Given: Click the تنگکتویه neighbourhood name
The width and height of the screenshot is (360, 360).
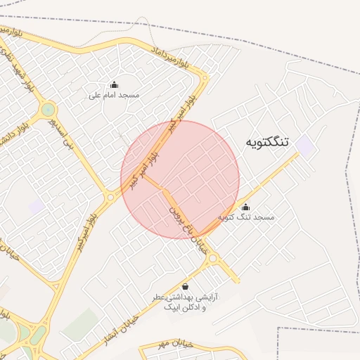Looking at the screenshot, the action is (267, 142).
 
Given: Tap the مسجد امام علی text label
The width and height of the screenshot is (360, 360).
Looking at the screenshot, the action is (114, 95).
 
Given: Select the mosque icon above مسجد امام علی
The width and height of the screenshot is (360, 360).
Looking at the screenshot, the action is (114, 85).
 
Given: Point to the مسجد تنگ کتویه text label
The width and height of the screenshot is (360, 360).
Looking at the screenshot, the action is (246, 217).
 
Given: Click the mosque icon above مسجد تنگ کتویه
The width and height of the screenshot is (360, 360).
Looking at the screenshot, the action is (245, 207).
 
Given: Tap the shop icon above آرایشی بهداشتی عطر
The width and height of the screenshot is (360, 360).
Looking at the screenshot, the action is (185, 287).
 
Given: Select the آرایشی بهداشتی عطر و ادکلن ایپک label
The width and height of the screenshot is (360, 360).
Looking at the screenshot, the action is (186, 302).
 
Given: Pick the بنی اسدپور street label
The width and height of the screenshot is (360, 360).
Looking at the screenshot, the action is (68, 131).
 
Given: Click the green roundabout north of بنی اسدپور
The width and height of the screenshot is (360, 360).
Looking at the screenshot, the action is (48, 109).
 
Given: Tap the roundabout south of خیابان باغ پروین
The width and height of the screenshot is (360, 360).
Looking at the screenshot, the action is (212, 259).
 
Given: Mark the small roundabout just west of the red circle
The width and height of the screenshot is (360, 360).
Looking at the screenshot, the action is (110, 198).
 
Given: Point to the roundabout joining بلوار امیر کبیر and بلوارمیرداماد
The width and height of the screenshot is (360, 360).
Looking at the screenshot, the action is (204, 75).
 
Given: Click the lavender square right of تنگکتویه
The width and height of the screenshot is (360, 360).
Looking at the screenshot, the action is (304, 146).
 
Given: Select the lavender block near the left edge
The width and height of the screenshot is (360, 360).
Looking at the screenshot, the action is (36, 206).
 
